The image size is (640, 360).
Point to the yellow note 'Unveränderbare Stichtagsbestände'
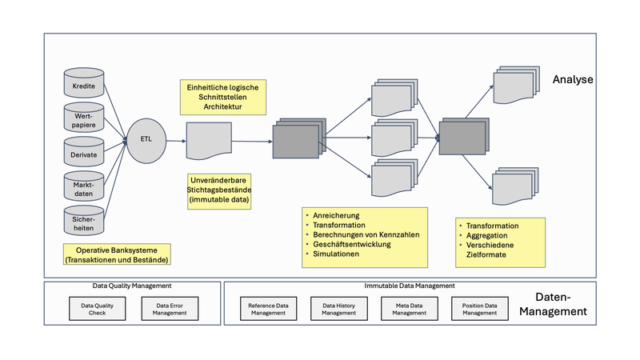coord(220,192)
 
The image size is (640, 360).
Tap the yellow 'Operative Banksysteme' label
coord(118,254)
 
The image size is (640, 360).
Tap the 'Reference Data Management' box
coord(268,309)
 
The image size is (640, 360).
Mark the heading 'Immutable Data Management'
coord(410,286)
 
